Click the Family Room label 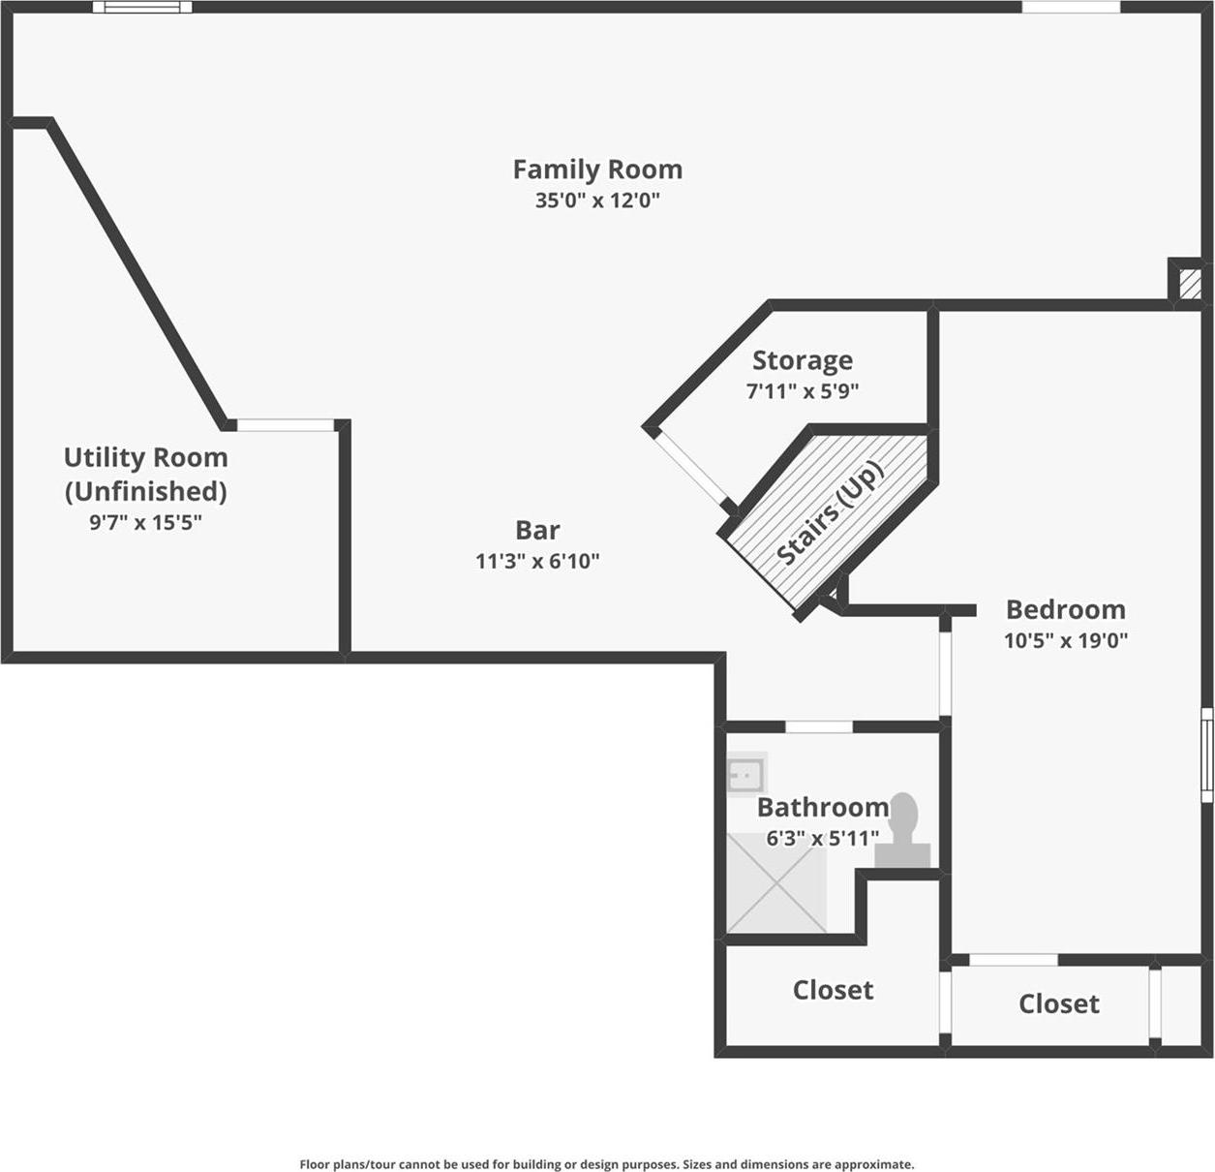[x=597, y=170]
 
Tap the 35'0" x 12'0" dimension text [x=597, y=200]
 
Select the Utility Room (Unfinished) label [x=145, y=474]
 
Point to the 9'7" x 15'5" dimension [x=145, y=523]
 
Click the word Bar [x=537, y=530]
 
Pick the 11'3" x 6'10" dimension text [x=537, y=561]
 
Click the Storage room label [x=803, y=360]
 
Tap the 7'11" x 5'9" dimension [x=803, y=391]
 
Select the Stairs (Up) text [x=831, y=513]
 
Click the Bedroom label [x=1065, y=609]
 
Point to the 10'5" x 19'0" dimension [x=1065, y=640]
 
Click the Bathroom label [x=822, y=807]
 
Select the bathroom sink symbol [x=746, y=774]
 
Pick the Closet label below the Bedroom [x=1058, y=1003]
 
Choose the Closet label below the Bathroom [x=833, y=990]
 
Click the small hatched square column [x=1186, y=282]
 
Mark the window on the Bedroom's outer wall [x=1207, y=756]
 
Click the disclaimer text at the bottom [x=606, y=1164]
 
